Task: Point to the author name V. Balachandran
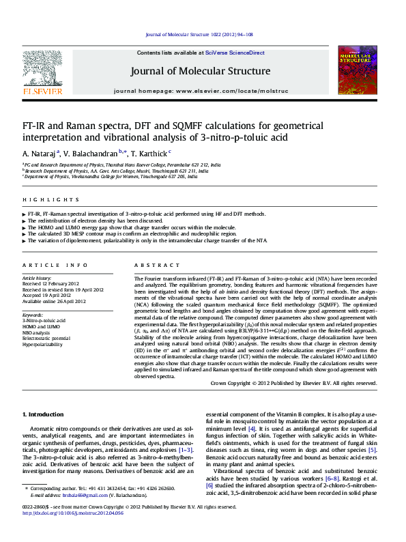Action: [x=92, y=154]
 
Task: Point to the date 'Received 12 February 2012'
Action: [x=55, y=285]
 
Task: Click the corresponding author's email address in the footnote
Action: [x=81, y=515]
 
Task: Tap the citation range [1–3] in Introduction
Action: [x=185, y=451]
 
